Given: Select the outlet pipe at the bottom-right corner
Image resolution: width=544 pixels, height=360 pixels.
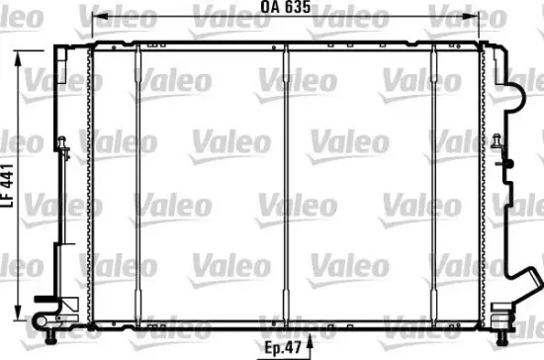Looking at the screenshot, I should pyautogui.click(x=503, y=318).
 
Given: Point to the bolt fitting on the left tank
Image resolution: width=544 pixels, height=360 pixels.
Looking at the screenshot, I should pyautogui.click(x=62, y=147).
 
